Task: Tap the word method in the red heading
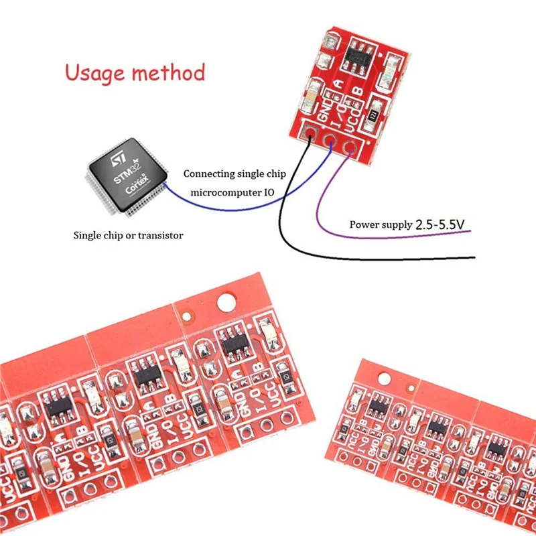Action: [170, 72]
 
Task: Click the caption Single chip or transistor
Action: [128, 235]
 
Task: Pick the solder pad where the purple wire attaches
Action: [348, 146]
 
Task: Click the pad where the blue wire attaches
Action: [329, 139]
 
